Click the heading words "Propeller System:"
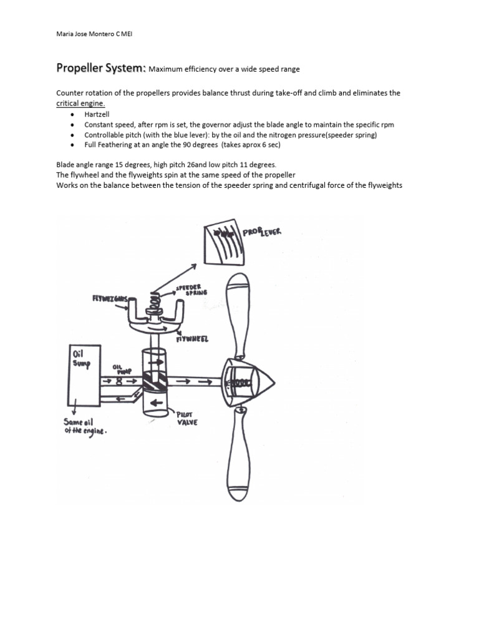tap(101, 67)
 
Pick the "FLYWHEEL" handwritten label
tap(192, 339)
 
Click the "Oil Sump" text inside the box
tap(82, 358)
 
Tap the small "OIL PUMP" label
tap(120, 369)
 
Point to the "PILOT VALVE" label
tap(186, 417)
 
